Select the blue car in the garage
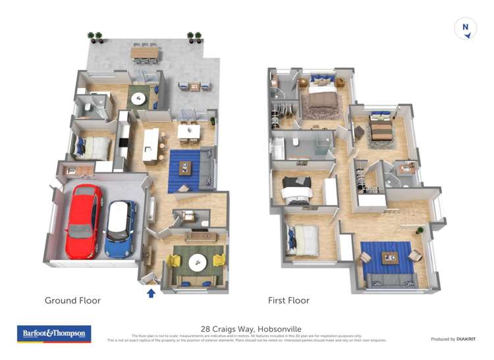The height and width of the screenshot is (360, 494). (x=121, y=227)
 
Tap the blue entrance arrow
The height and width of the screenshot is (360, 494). (x=151, y=293)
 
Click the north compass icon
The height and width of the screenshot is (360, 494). (x=466, y=30)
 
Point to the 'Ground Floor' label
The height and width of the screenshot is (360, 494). (x=72, y=301)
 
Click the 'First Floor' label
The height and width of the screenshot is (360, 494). (x=288, y=301)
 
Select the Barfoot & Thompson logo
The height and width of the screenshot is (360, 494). (x=54, y=334)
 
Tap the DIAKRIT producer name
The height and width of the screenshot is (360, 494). (x=462, y=339)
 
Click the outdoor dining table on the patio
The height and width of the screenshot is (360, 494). (x=144, y=51)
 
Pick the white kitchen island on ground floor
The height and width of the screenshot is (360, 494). (x=150, y=145)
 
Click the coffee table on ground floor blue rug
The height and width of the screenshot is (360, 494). (x=184, y=167)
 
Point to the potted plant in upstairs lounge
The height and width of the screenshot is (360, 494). (x=419, y=231)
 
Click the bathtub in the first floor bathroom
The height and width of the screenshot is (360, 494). (x=277, y=149)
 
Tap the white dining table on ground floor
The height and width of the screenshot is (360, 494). (x=189, y=132)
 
